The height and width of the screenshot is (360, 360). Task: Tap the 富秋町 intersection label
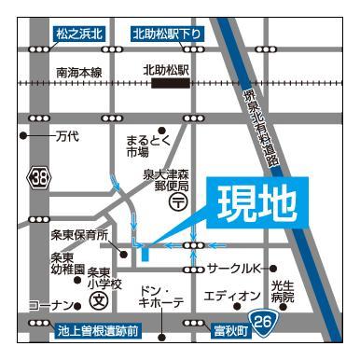(x=228, y=330)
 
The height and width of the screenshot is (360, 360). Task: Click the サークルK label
(x=237, y=269)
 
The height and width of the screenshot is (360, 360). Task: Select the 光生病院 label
(x=283, y=292)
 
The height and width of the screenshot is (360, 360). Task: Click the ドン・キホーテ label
(x=159, y=297)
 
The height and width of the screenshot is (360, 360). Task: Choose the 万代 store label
(x=65, y=136)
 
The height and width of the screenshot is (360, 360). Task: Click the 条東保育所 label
(x=79, y=234)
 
